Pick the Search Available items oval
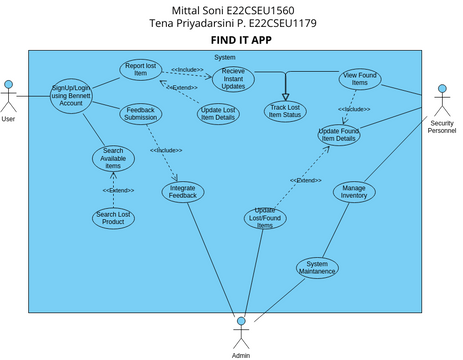click(113, 159)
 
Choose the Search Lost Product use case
click(113, 217)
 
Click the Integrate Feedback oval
click(182, 191)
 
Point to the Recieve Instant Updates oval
click(233, 78)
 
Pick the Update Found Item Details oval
click(339, 135)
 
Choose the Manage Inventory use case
click(353, 191)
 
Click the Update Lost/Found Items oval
click(264, 218)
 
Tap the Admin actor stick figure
click(240, 331)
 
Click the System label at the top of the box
click(225, 57)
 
